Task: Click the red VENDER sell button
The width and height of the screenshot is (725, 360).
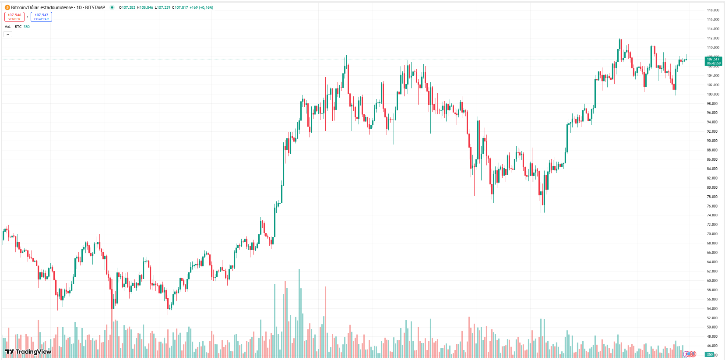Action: click(x=14, y=17)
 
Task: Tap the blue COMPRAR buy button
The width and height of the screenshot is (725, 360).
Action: click(x=41, y=17)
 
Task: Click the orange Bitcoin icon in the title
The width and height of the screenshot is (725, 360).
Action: click(x=7, y=7)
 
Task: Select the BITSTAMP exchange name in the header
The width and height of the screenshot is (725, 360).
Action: click(x=95, y=7)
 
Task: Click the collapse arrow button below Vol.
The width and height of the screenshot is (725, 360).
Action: click(x=8, y=34)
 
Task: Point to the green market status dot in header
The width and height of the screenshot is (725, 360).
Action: click(x=112, y=7)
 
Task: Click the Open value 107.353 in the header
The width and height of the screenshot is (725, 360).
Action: click(x=128, y=7)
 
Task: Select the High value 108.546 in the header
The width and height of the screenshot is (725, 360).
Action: click(x=146, y=7)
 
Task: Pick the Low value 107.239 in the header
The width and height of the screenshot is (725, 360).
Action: click(x=163, y=7)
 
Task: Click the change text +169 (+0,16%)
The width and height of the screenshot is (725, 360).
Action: click(x=201, y=7)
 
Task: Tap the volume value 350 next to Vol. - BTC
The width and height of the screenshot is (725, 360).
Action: click(x=27, y=27)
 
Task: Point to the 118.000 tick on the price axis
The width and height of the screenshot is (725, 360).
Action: click(x=713, y=10)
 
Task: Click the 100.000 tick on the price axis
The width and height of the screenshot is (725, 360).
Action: click(x=713, y=94)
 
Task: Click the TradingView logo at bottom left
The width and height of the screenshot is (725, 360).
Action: click(x=28, y=352)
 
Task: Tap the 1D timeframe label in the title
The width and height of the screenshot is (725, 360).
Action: click(x=79, y=7)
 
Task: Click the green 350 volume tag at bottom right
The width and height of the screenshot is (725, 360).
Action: click(x=710, y=354)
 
